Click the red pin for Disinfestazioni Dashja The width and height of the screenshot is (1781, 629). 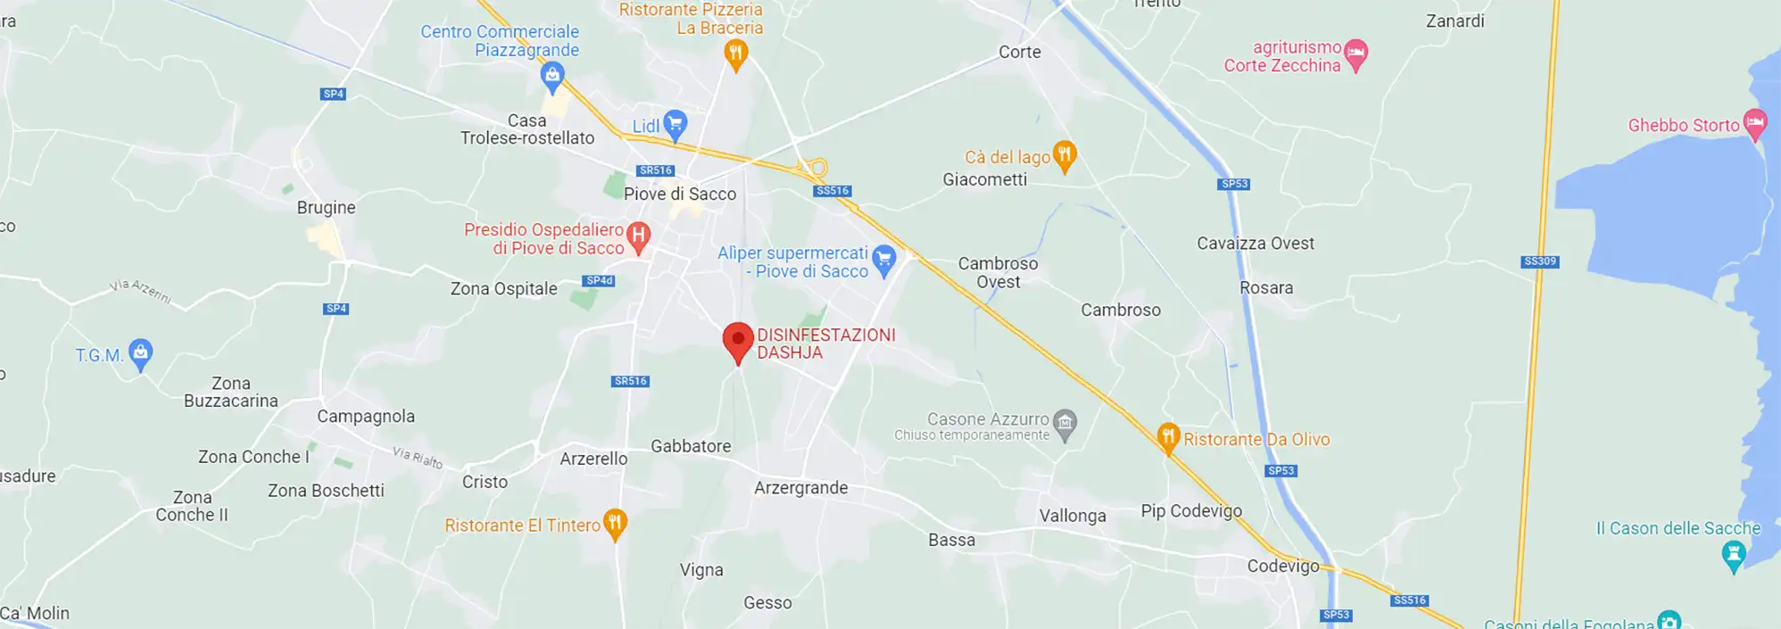click(738, 341)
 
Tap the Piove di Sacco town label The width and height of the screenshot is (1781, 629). click(680, 194)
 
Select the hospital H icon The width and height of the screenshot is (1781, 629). click(638, 236)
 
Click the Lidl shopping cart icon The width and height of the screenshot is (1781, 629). click(675, 123)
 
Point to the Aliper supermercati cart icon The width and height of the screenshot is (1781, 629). click(883, 259)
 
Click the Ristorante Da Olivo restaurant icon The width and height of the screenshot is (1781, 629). click(1168, 436)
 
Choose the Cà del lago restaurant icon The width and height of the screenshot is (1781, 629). click(1064, 154)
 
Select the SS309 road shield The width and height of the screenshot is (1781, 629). click(1540, 261)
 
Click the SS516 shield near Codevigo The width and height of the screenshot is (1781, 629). click(1410, 600)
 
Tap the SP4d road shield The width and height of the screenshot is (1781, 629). click(600, 280)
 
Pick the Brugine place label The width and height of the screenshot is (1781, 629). click(326, 207)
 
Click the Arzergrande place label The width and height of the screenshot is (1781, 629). click(800, 488)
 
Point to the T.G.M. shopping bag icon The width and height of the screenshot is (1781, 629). click(140, 352)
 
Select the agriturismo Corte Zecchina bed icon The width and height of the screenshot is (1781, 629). click(1355, 54)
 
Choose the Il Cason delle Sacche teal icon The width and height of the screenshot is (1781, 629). click(1733, 555)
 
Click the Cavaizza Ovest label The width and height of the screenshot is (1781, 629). click(1255, 243)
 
